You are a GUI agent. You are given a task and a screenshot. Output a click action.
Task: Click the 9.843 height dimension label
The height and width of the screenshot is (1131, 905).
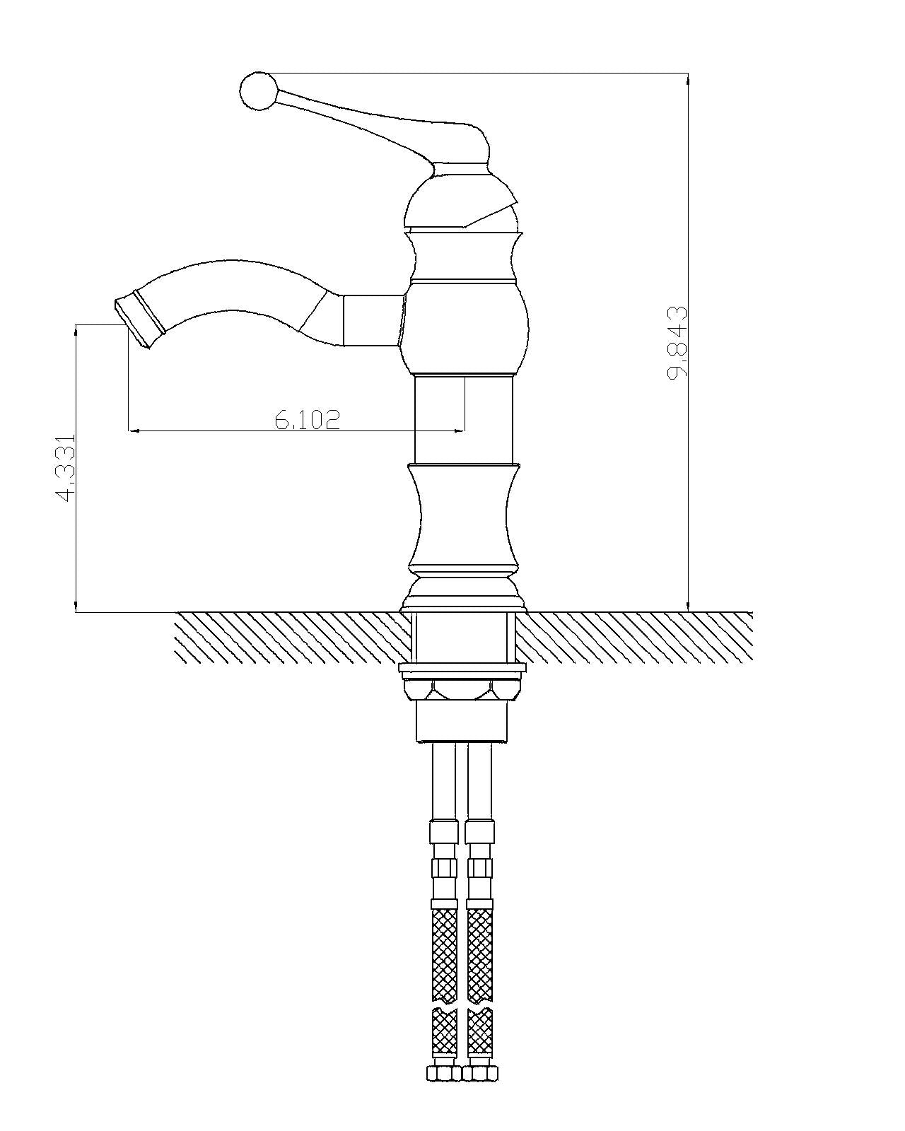(x=677, y=343)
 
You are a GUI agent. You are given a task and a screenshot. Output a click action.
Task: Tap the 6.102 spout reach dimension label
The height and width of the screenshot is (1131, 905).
(x=308, y=419)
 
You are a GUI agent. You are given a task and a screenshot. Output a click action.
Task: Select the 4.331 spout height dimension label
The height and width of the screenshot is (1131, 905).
(x=66, y=467)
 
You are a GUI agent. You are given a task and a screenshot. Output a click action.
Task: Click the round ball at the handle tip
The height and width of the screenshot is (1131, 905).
(x=257, y=91)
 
